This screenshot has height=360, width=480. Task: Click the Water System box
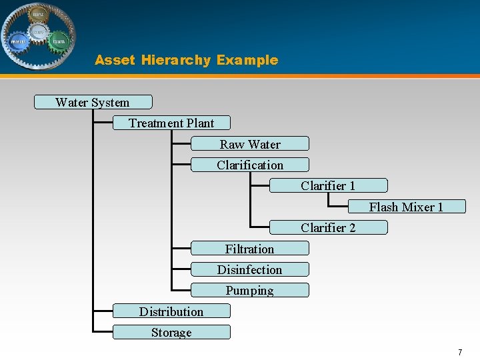93,102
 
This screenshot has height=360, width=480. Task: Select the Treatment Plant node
171,123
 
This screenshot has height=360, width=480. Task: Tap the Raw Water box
250,143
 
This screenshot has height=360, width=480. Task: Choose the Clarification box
250,165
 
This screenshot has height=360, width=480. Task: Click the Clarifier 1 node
328,185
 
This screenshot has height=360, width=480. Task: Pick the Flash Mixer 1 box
406,207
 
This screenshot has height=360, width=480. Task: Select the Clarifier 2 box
328,227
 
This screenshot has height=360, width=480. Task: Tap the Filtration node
250,249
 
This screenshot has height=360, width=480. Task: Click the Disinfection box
250,269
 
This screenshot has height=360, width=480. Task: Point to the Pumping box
250,290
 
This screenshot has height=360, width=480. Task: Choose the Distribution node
171,311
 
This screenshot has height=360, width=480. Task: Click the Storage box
171,332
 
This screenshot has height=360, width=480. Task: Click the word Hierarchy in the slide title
175,60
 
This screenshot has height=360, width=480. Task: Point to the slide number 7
459,351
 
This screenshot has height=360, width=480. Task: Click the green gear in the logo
59,41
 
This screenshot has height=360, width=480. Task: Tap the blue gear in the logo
18,41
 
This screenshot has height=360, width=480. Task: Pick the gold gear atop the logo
39,13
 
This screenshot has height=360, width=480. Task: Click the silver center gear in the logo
39,31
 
